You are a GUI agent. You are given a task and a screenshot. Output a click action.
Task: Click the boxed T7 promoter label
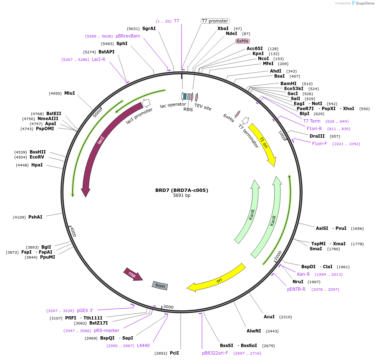215,21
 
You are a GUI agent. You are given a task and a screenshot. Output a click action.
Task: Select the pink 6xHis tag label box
242,41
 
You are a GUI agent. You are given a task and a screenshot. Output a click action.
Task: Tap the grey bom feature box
160,285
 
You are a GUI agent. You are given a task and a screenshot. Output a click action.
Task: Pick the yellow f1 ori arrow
262,144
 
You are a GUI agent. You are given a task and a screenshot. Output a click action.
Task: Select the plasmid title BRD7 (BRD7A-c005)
182,190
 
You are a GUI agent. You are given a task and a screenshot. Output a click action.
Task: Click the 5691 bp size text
182,196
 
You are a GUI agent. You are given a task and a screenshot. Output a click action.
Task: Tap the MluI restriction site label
69,93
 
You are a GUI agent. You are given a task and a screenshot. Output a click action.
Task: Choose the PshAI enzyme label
35,217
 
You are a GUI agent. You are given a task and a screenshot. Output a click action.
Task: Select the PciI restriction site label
174,353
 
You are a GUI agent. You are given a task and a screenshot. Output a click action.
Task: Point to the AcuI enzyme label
269,317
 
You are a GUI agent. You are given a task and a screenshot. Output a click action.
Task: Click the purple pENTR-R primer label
296,289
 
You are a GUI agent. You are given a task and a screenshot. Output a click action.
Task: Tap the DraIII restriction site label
317,136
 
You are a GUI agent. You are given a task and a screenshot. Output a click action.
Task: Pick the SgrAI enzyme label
149,28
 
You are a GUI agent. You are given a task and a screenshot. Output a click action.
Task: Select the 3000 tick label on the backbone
168,307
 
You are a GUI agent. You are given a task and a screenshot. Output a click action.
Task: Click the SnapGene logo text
364,3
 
